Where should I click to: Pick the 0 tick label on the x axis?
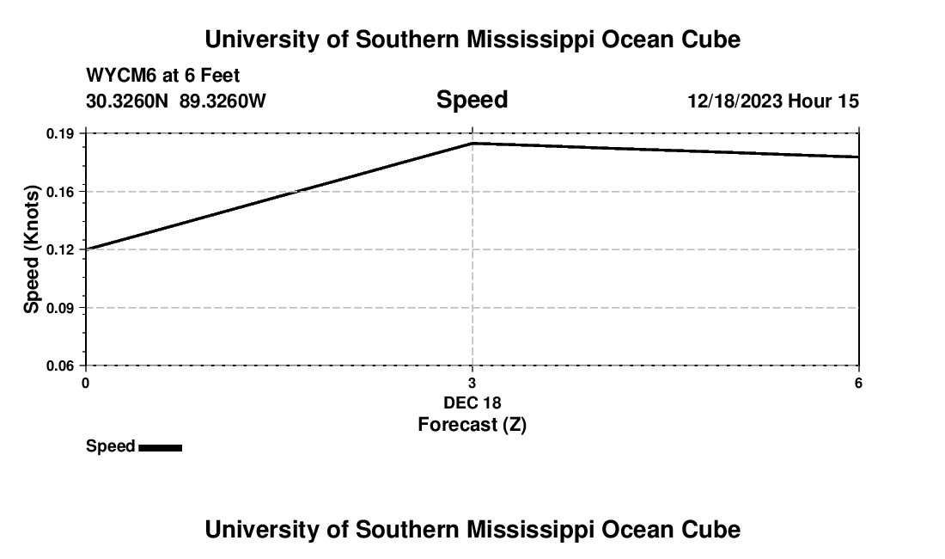pos(85,383)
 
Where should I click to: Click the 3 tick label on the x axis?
pos(472,383)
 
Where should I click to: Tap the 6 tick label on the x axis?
pos(858,383)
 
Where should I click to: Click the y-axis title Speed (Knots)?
pos(32,249)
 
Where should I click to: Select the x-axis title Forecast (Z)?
pos(472,424)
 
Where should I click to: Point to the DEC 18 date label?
pos(472,402)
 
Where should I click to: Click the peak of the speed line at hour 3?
pos(472,143)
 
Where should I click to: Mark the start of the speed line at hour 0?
pos(86,249)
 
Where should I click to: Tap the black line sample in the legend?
pos(160,447)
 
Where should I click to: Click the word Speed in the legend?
pos(110,446)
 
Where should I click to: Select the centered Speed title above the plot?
pos(472,100)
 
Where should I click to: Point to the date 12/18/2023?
pos(735,101)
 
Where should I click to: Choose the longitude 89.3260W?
pos(223,101)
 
